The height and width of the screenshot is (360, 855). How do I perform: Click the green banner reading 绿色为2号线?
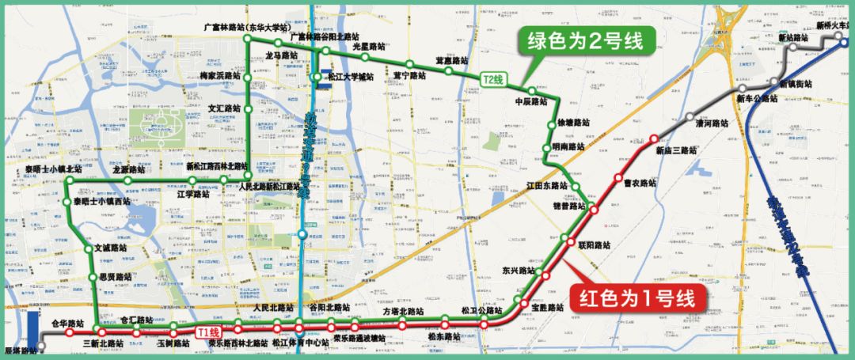coord(579,42)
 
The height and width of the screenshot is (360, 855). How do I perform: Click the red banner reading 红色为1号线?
coord(636,299)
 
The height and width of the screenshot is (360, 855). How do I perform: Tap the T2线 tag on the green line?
coord(493,79)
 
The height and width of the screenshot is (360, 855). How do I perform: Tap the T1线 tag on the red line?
coord(210,332)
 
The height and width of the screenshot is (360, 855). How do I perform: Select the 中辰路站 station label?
coord(531,101)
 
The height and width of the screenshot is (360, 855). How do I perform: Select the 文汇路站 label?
coord(224,108)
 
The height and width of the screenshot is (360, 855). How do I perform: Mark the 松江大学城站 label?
coord(349,78)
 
